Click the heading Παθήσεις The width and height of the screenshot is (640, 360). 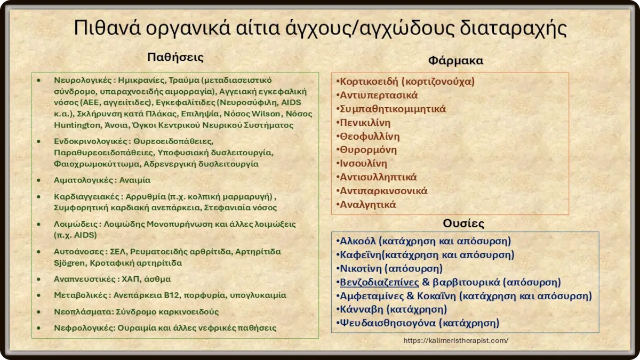coord(175,57)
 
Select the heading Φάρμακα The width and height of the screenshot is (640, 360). coord(455,60)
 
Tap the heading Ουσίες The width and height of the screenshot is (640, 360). coord(463,223)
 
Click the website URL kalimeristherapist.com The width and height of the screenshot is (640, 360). coord(456,340)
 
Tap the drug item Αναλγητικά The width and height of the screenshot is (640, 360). coord(367,204)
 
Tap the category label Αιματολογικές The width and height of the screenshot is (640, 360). coord(83,180)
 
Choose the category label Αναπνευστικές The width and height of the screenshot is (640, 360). coord(82,279)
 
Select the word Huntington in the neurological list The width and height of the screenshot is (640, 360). coord(75,125)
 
